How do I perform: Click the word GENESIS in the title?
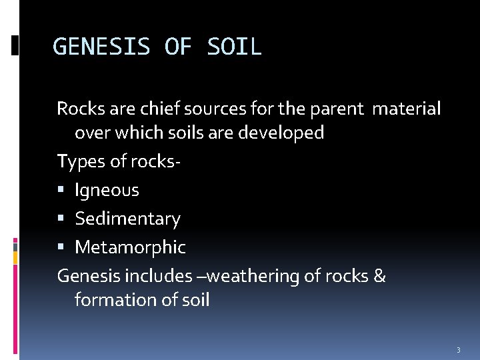point(102,47)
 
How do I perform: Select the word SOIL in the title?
point(235,47)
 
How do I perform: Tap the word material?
point(407,108)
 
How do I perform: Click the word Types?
point(77,161)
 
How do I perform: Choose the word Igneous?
point(107,191)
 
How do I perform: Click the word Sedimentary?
point(127,219)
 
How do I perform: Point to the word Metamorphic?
point(130,247)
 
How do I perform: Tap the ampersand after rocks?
point(379,275)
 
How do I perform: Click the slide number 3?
point(458,349)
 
